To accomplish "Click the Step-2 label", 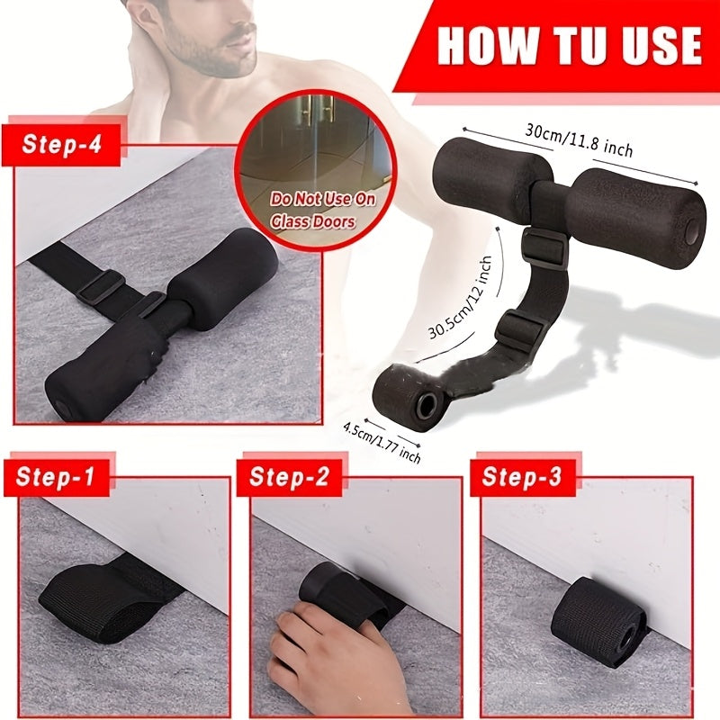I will click(289, 476).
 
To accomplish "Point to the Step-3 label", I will click(521, 476).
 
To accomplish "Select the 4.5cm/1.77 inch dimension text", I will click(382, 441).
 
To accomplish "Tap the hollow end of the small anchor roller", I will click(424, 406).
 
